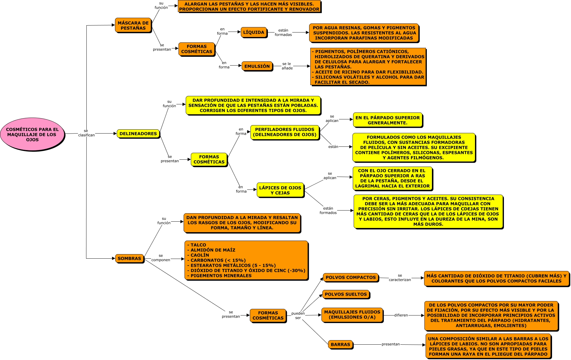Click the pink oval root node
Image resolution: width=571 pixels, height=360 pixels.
(x=32, y=134)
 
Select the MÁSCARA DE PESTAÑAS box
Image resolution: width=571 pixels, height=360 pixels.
(x=133, y=25)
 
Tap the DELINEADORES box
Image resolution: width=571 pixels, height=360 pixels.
(x=138, y=134)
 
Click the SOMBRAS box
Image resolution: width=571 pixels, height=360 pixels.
(x=129, y=258)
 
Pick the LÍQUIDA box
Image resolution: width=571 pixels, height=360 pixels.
(x=254, y=32)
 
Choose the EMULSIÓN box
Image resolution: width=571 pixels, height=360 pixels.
(x=257, y=66)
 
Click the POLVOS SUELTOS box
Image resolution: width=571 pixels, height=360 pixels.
(x=346, y=294)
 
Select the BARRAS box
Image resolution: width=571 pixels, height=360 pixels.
(x=340, y=344)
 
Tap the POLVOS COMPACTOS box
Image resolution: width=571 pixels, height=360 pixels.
(x=351, y=277)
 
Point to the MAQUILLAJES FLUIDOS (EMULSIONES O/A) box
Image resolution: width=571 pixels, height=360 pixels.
(x=352, y=315)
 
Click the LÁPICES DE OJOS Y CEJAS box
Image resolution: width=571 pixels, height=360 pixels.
(x=280, y=190)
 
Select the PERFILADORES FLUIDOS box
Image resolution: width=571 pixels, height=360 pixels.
(x=285, y=132)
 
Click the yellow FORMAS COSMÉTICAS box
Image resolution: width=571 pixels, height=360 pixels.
(x=209, y=159)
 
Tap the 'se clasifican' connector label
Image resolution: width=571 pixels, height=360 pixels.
(x=86, y=133)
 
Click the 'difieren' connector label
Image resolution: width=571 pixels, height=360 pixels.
(x=401, y=315)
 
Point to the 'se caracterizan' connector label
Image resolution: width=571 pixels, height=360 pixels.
(x=400, y=278)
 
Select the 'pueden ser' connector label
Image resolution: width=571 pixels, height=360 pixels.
(x=298, y=315)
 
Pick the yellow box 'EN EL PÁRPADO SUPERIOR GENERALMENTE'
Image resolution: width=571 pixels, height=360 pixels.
(x=388, y=120)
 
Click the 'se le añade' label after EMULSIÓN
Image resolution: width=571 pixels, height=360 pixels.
(x=287, y=66)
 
